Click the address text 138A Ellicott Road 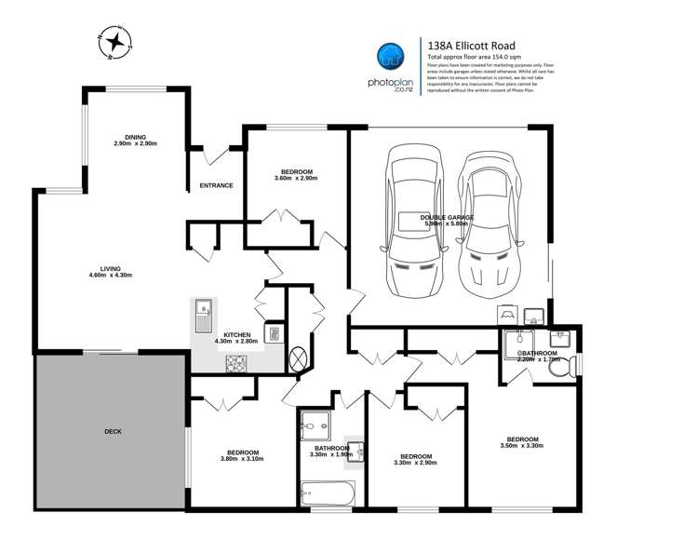470,45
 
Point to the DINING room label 136,137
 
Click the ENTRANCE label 216,185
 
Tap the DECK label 114,432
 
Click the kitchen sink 205,317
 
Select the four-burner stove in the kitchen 236,364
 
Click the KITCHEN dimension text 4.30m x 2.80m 237,342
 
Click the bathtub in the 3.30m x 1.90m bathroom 328,492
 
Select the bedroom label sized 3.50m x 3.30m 521,439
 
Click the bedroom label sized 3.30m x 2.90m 413,456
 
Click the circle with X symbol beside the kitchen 300,358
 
